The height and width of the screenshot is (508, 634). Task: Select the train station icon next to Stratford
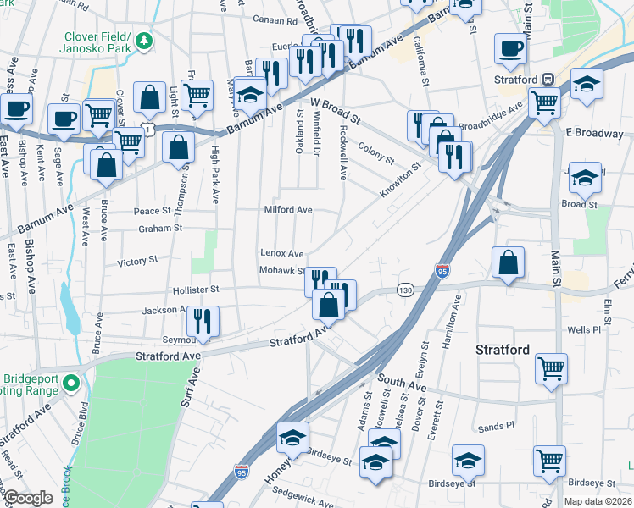pyautogui.click(x=548, y=80)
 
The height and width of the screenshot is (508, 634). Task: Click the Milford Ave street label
pyautogui.click(x=289, y=210)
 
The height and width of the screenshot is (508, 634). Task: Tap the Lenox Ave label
pyautogui.click(x=281, y=253)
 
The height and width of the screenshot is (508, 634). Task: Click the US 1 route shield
pyautogui.click(x=149, y=128)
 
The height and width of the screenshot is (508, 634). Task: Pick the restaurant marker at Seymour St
pyautogui.click(x=203, y=321)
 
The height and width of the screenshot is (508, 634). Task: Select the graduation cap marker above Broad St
pyautogui.click(x=584, y=178)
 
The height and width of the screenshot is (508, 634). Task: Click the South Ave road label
pyautogui.click(x=402, y=385)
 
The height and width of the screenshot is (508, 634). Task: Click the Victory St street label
pyautogui.click(x=137, y=262)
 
